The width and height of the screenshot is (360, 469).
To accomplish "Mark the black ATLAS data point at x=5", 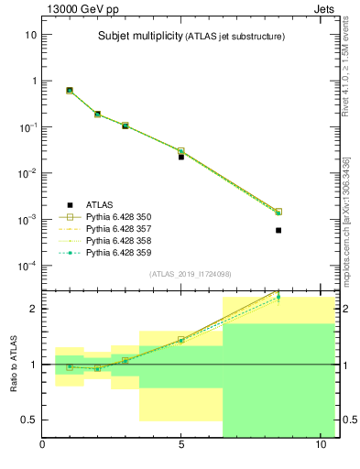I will (x=181, y=157).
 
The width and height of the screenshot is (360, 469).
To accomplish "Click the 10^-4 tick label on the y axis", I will (x=27, y=266).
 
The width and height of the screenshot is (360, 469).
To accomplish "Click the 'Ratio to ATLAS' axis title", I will (x=13, y=364).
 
